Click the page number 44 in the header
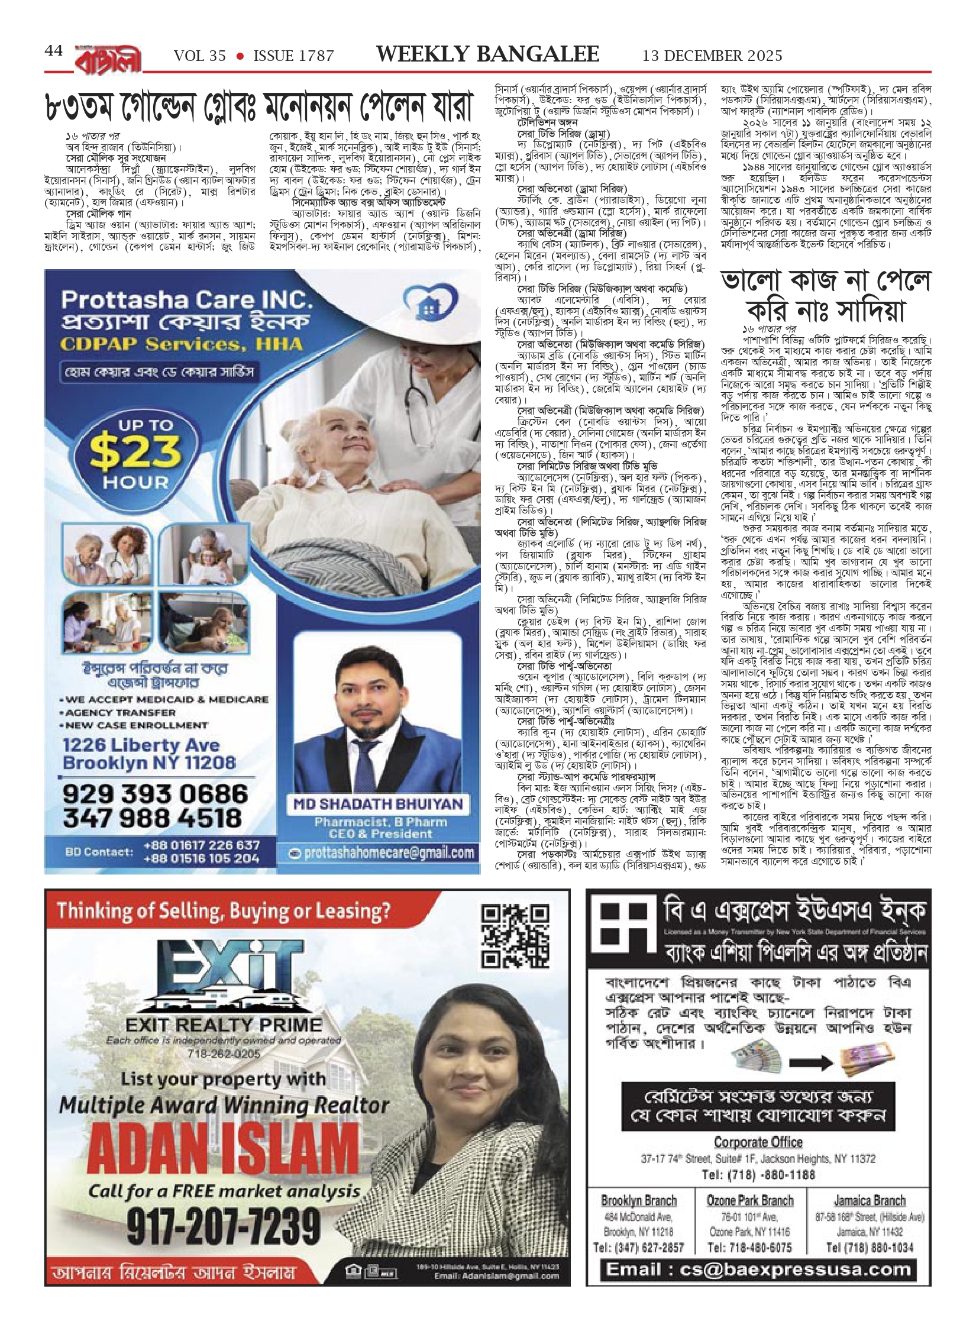(53, 51)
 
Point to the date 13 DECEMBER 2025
(712, 56)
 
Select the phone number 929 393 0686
(155, 794)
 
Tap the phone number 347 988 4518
(153, 819)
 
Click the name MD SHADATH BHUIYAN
(379, 804)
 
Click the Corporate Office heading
(758, 1142)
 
